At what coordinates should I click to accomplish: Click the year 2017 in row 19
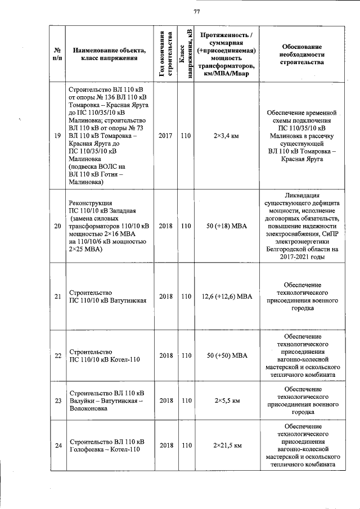pyautogui.click(x=166, y=136)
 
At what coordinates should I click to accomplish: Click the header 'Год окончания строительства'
pyautogui.click(x=166, y=53)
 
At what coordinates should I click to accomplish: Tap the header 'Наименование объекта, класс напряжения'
pyautogui.click(x=109, y=54)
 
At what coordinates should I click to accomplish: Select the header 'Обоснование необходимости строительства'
pyautogui.click(x=301, y=54)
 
